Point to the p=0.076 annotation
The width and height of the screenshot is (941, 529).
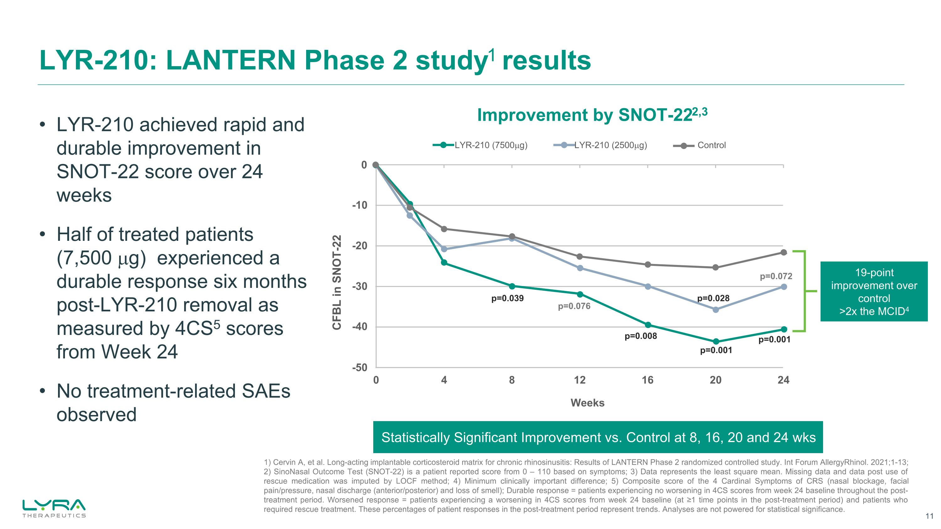click(574, 306)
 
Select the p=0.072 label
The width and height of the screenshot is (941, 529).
click(776, 276)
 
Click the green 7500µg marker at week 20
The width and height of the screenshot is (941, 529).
click(715, 342)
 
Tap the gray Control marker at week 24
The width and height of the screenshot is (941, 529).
click(784, 252)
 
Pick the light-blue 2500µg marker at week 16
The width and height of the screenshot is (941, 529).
click(648, 287)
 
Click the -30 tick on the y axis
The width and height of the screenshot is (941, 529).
click(359, 287)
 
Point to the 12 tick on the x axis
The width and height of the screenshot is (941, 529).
click(579, 380)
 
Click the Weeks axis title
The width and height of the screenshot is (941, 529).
click(587, 403)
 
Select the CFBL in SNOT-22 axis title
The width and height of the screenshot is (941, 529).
click(337, 282)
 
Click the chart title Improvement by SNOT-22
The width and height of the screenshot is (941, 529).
click(592, 115)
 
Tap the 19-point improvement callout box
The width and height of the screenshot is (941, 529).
click(874, 291)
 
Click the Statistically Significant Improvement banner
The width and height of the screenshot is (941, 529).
click(598, 437)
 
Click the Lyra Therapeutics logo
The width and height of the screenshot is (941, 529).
click(54, 508)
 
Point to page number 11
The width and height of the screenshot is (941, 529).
click(929, 516)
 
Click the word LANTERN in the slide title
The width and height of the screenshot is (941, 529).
click(231, 60)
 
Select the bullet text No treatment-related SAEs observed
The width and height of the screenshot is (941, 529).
click(173, 403)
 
